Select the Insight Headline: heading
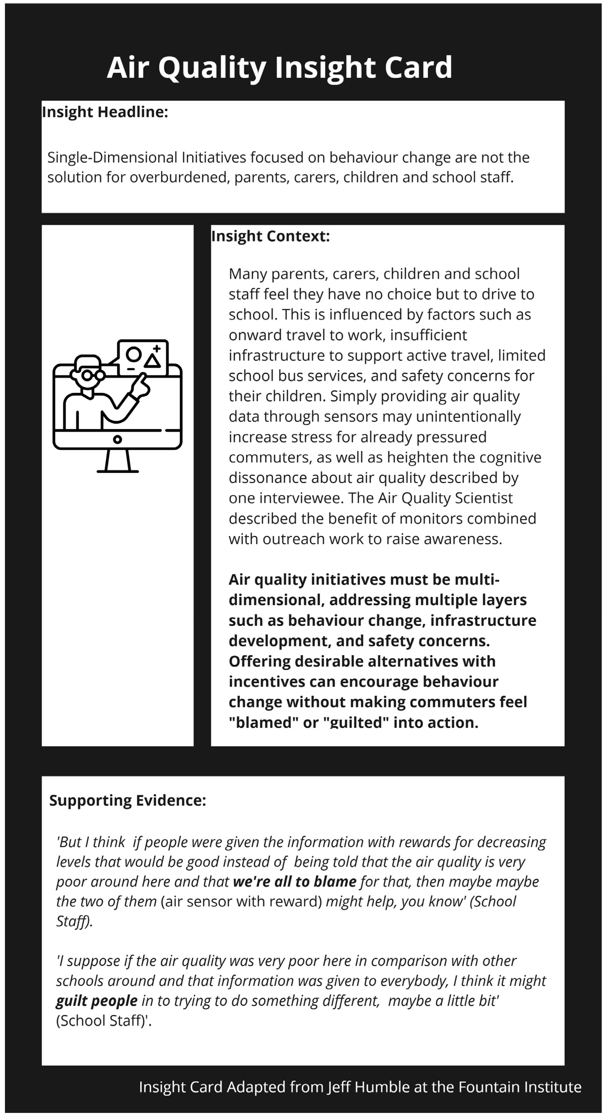(105, 112)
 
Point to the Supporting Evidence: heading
(127, 800)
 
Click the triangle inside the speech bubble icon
(153, 361)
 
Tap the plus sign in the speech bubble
(156, 348)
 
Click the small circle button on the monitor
(117, 439)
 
